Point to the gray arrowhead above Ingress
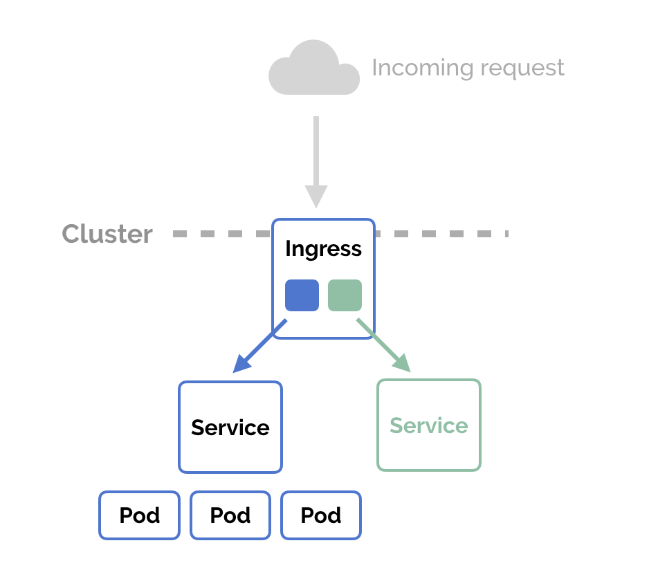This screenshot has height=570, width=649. (x=316, y=196)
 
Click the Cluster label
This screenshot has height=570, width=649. (x=107, y=234)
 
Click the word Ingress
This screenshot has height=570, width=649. (x=323, y=249)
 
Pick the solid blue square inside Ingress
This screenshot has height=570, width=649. (x=302, y=295)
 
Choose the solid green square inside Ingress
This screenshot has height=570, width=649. (x=345, y=295)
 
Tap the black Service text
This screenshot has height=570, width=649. (x=230, y=427)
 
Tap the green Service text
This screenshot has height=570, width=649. (x=429, y=425)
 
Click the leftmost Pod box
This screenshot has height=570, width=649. (x=140, y=515)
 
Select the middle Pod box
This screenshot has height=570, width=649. (x=230, y=515)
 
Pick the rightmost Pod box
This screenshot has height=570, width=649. (x=321, y=515)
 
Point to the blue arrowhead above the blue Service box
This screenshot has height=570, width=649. (x=241, y=364)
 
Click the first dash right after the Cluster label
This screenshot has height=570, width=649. (x=181, y=234)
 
